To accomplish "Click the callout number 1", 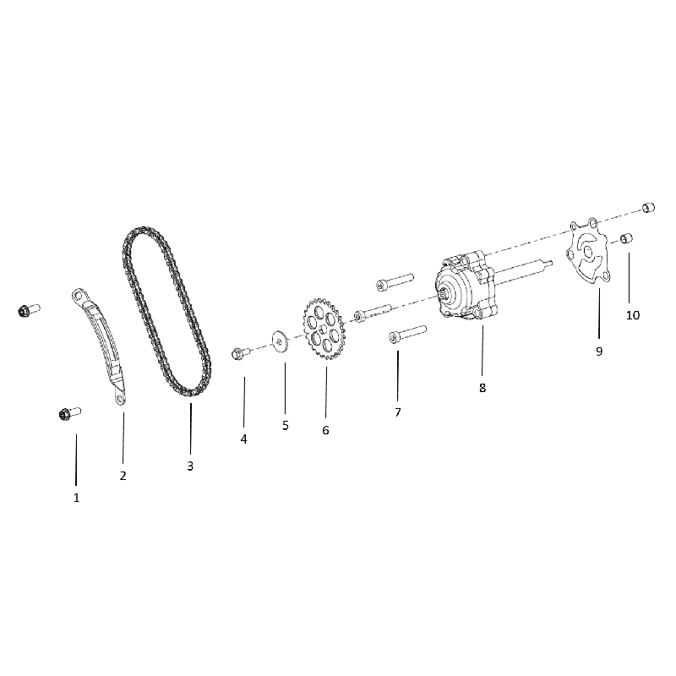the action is click(76, 498).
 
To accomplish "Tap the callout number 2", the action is click(123, 476).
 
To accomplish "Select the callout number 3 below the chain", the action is click(190, 466).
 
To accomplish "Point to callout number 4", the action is click(244, 439).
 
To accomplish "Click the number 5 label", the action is click(286, 426).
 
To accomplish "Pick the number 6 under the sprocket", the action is click(325, 430).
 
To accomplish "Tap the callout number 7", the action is click(398, 412).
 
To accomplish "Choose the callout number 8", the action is click(482, 388).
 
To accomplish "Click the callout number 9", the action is click(599, 352).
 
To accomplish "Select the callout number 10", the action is click(633, 315).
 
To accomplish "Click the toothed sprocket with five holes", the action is click(324, 329).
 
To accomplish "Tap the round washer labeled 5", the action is click(280, 342).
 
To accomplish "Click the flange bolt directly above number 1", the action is click(69, 414).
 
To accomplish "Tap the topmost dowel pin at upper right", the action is click(648, 207).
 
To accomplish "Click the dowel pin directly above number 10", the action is click(626, 238).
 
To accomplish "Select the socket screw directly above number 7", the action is click(407, 335).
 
